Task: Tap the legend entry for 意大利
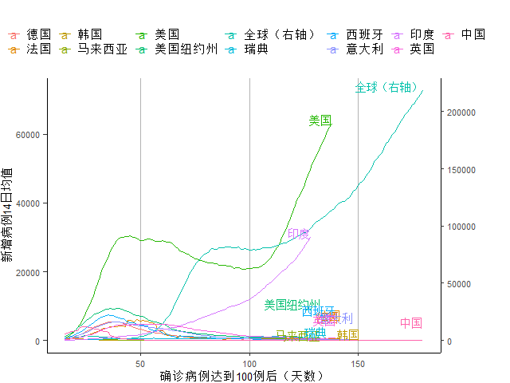tap(364, 49)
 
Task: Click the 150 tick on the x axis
tap(358, 364)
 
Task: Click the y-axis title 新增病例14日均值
tap(7, 215)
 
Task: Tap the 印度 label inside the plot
tap(299, 234)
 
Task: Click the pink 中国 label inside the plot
tap(411, 322)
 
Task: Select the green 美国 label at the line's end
tap(320, 120)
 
